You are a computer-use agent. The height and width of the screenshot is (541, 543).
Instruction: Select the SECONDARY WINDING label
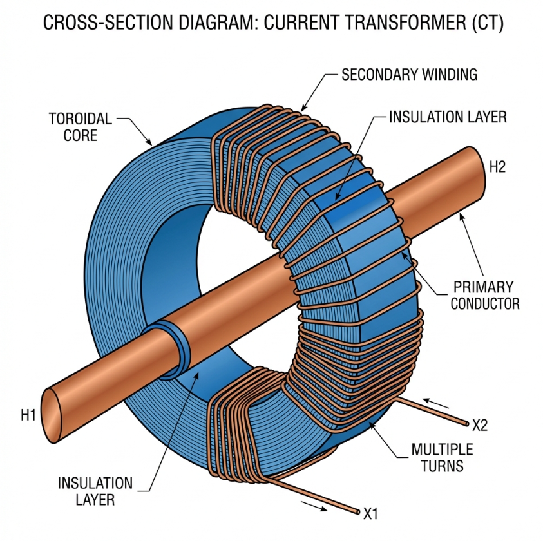(409, 74)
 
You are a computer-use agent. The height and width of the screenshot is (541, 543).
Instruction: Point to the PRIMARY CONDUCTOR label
(484, 294)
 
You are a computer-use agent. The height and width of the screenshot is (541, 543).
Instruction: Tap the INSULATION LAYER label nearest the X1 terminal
(95, 491)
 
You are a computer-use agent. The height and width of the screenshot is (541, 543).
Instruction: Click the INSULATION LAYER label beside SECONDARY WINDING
(448, 117)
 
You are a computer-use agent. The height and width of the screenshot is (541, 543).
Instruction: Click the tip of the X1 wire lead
(356, 513)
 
